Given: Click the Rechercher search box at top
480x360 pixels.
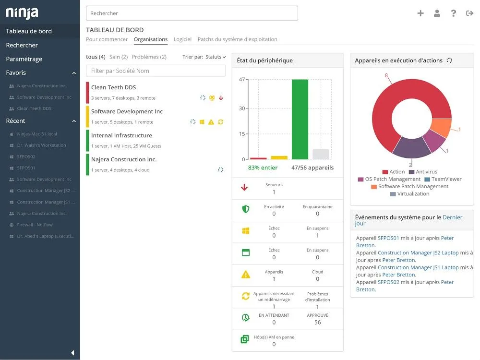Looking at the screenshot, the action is tap(192, 13).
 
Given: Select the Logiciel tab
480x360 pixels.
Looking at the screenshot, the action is tap(182, 39).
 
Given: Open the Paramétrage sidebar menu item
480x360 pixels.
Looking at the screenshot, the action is tap(24, 59).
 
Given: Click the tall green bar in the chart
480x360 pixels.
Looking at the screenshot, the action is tap(300, 119).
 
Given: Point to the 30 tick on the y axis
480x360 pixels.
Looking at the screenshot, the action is tap(242, 108).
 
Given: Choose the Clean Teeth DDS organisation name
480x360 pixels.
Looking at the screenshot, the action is tap(114, 87).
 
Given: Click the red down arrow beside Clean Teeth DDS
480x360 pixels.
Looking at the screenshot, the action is tap(221, 98).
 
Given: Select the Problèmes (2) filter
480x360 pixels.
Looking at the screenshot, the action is tap(149, 57).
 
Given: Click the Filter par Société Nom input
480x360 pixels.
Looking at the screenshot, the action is tap(156, 71).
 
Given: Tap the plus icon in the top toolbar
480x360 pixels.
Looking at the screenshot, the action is tap(420, 13).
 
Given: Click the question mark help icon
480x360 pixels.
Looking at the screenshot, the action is tap(454, 13).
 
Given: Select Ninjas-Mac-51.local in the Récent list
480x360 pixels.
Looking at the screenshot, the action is tap(37, 134).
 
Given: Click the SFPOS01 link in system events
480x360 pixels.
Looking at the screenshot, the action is tap(388, 238).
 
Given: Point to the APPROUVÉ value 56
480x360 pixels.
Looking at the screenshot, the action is tap(317, 323).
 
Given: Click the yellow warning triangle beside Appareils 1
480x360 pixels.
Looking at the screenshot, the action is tap(245, 275).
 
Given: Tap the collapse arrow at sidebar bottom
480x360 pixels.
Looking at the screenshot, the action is tap(72, 353).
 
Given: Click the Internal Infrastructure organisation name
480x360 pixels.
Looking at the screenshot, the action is tap(121, 135).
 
